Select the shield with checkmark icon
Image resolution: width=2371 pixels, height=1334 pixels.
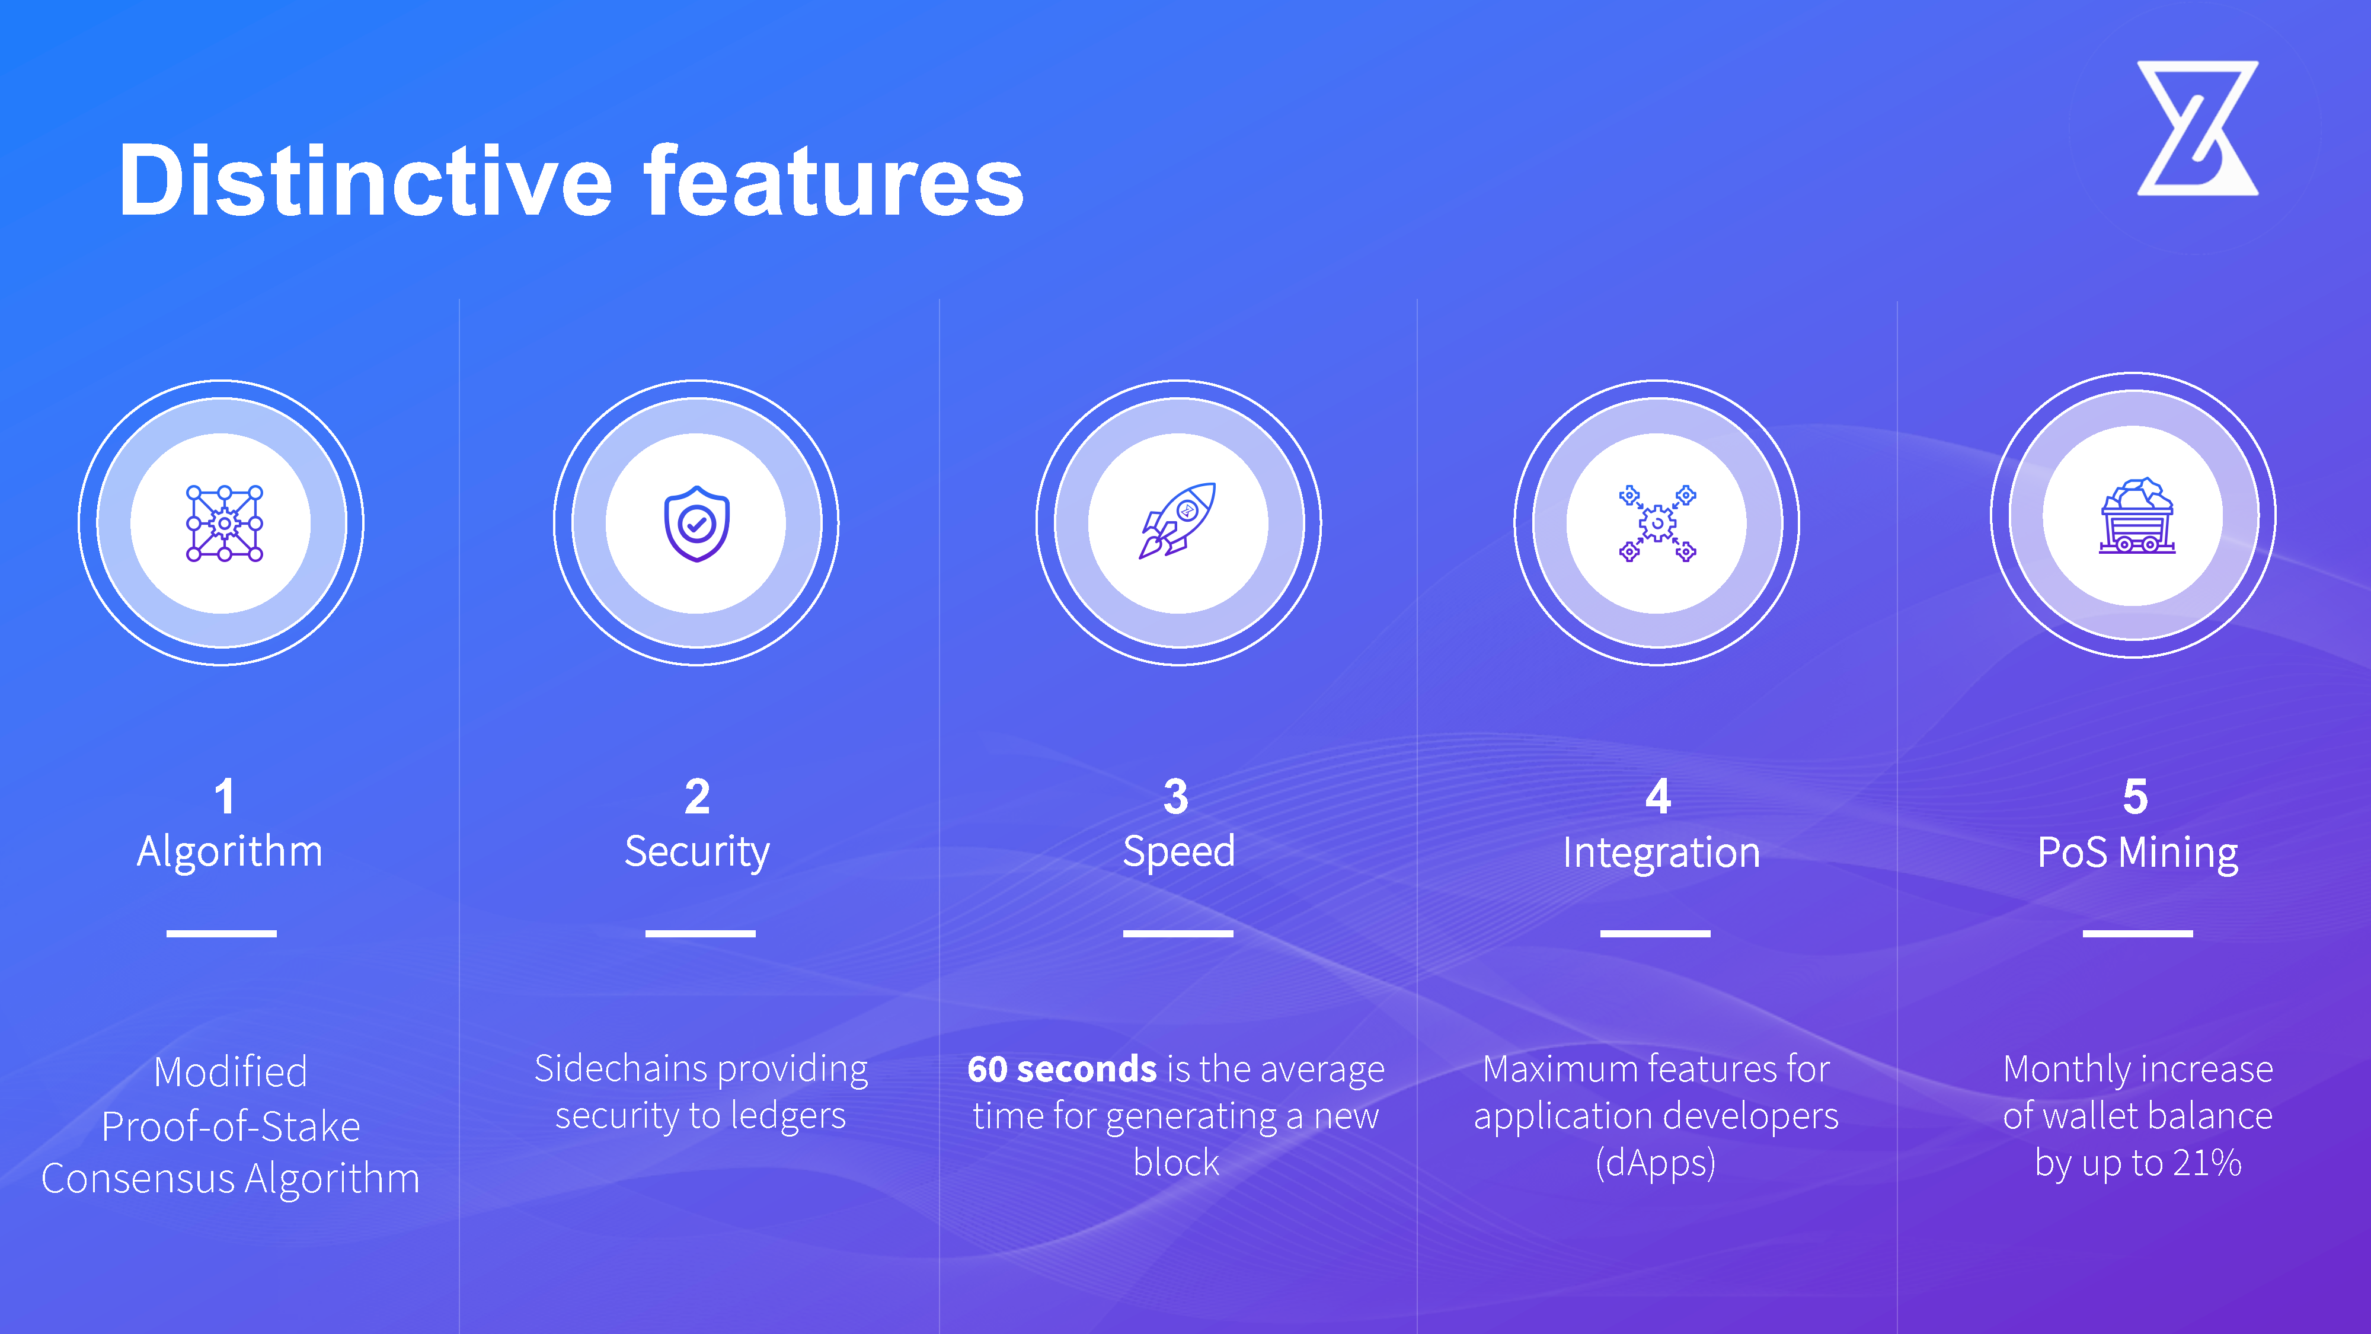tap(696, 523)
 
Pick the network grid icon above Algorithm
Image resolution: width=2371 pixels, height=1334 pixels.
tap(225, 523)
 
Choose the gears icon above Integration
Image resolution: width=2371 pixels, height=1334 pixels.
tap(1657, 523)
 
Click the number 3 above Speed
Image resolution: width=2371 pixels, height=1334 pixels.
tap(1176, 796)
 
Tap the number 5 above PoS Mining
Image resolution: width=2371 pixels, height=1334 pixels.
tap(2135, 796)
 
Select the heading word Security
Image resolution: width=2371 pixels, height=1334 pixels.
tap(696, 851)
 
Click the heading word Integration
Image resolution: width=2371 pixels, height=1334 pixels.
tap(1661, 851)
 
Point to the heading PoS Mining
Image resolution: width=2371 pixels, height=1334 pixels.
tap(2137, 851)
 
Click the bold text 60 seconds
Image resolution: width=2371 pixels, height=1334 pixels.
tap(1061, 1069)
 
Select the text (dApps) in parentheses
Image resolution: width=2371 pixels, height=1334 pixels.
tap(1655, 1163)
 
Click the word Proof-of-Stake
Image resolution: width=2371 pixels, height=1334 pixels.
tap(231, 1126)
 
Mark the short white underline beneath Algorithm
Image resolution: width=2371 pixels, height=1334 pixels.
tap(222, 934)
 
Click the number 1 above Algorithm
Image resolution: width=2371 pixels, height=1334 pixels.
tap(225, 796)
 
